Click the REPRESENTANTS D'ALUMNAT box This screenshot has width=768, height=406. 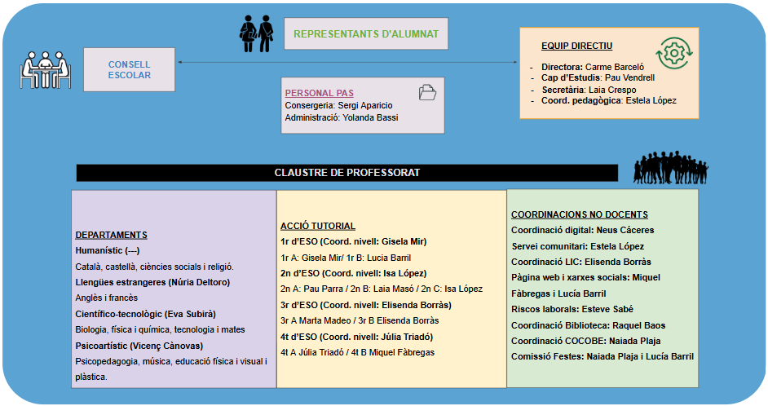[x=366, y=34]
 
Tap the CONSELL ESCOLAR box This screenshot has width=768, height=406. [x=129, y=69]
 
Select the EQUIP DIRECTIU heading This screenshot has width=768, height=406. [x=576, y=46]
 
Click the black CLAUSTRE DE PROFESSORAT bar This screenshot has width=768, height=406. [x=347, y=173]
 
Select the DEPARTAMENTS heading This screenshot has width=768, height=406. [x=111, y=235]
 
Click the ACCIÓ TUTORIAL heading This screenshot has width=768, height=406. [x=317, y=226]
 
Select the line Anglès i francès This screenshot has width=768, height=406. [x=107, y=298]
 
